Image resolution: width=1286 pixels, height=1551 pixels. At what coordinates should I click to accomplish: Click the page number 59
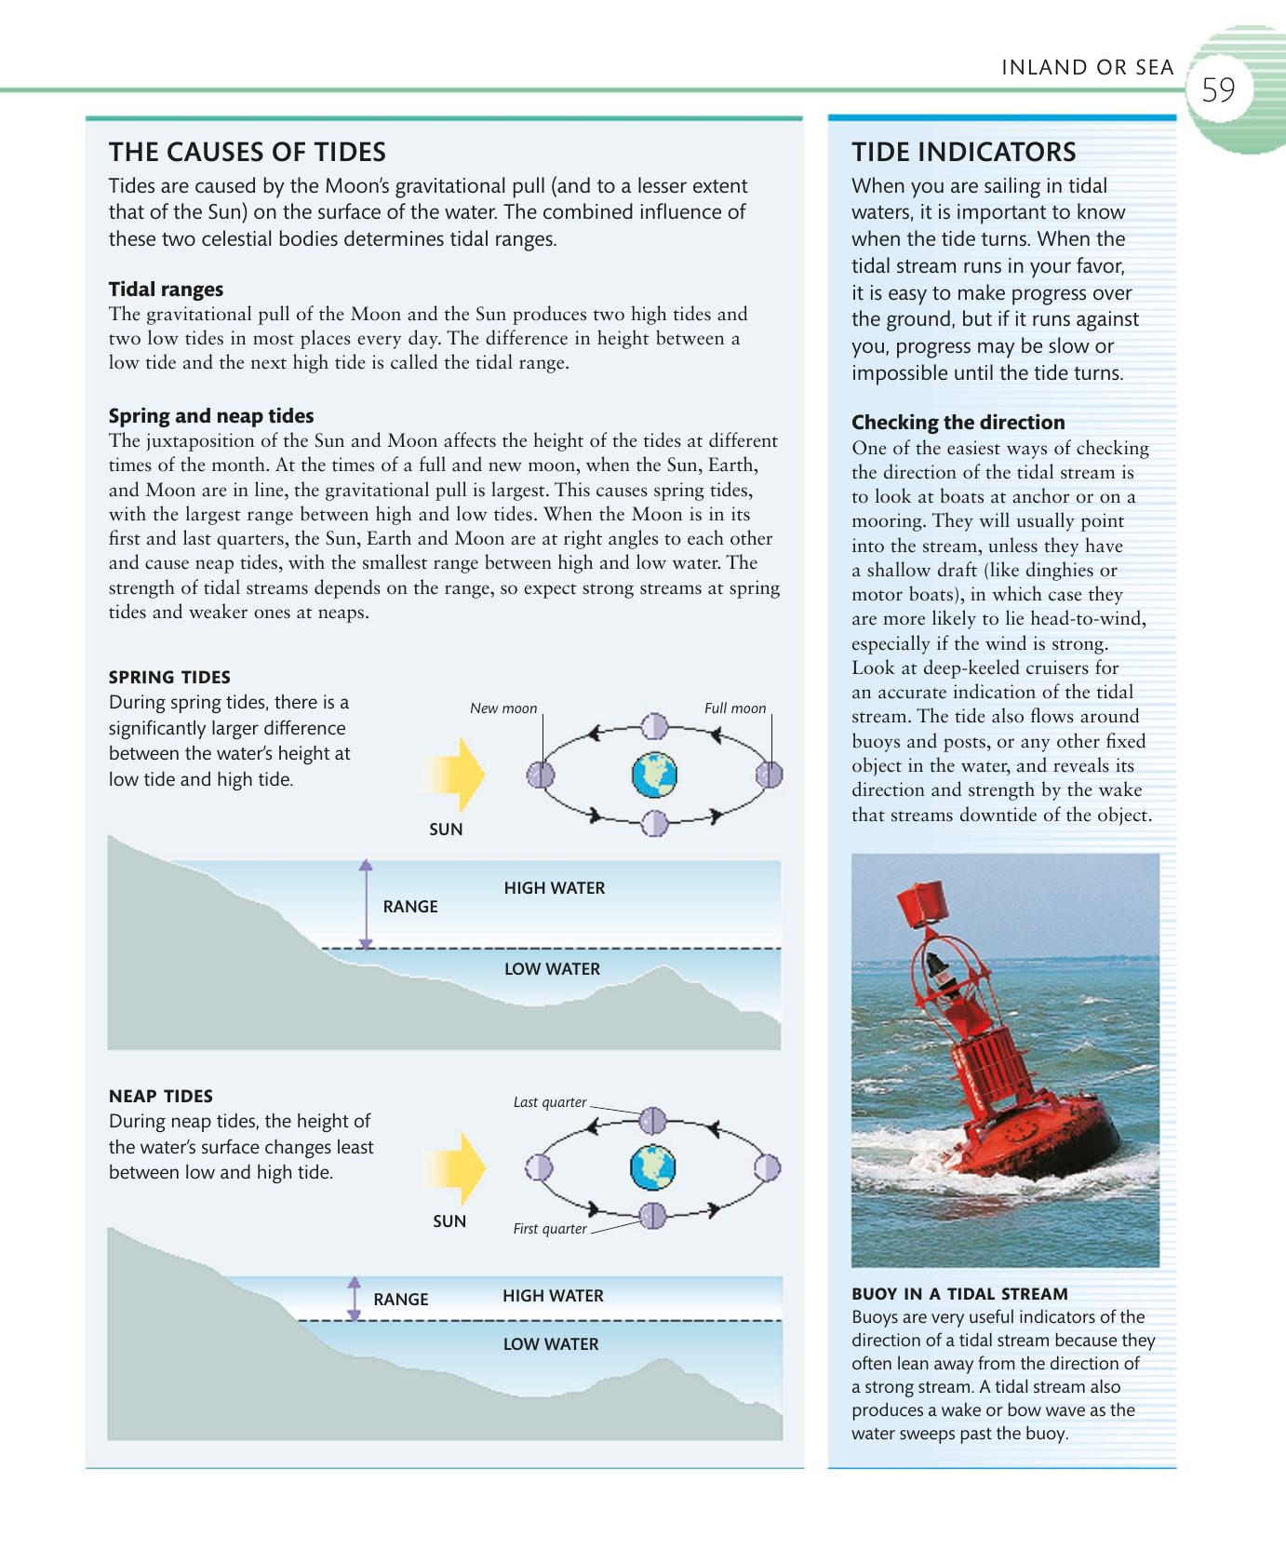coord(1218,90)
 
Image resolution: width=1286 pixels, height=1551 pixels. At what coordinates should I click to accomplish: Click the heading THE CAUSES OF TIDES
coord(247,152)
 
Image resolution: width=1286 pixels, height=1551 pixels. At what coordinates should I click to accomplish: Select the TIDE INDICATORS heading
coord(963,152)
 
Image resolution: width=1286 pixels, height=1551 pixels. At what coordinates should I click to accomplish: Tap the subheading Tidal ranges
coord(166,290)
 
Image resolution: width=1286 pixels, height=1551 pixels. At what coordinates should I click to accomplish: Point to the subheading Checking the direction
coord(958,422)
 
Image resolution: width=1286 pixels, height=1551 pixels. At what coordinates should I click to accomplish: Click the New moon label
coord(503,708)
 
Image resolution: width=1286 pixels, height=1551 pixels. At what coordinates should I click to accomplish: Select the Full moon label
coord(735,708)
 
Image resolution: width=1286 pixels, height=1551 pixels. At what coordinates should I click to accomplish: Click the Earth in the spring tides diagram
coord(654,775)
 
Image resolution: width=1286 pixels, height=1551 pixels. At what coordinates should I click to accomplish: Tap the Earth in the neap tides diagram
coord(652,1167)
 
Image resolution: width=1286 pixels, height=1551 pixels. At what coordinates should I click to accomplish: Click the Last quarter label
coord(550,1102)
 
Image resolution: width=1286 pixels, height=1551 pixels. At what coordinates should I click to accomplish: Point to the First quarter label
coord(550,1229)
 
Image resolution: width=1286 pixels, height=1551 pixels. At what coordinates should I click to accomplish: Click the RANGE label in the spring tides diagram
coord(409,907)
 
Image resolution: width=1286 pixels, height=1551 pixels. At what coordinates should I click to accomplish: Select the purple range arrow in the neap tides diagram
coord(354,1299)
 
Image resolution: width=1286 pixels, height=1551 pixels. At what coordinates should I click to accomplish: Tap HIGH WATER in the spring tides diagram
coord(555,888)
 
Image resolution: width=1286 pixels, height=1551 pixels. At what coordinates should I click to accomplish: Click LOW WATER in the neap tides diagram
coord(551,1344)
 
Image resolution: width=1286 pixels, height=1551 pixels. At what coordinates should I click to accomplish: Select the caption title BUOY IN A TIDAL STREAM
coord(959,1294)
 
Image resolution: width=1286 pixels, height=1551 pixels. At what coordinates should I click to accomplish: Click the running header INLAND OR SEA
coord(1087,68)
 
